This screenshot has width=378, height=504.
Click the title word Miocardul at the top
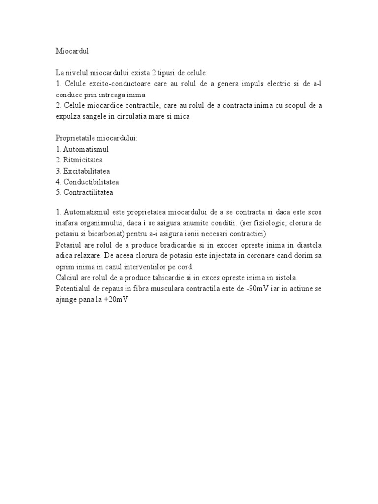(x=71, y=50)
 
